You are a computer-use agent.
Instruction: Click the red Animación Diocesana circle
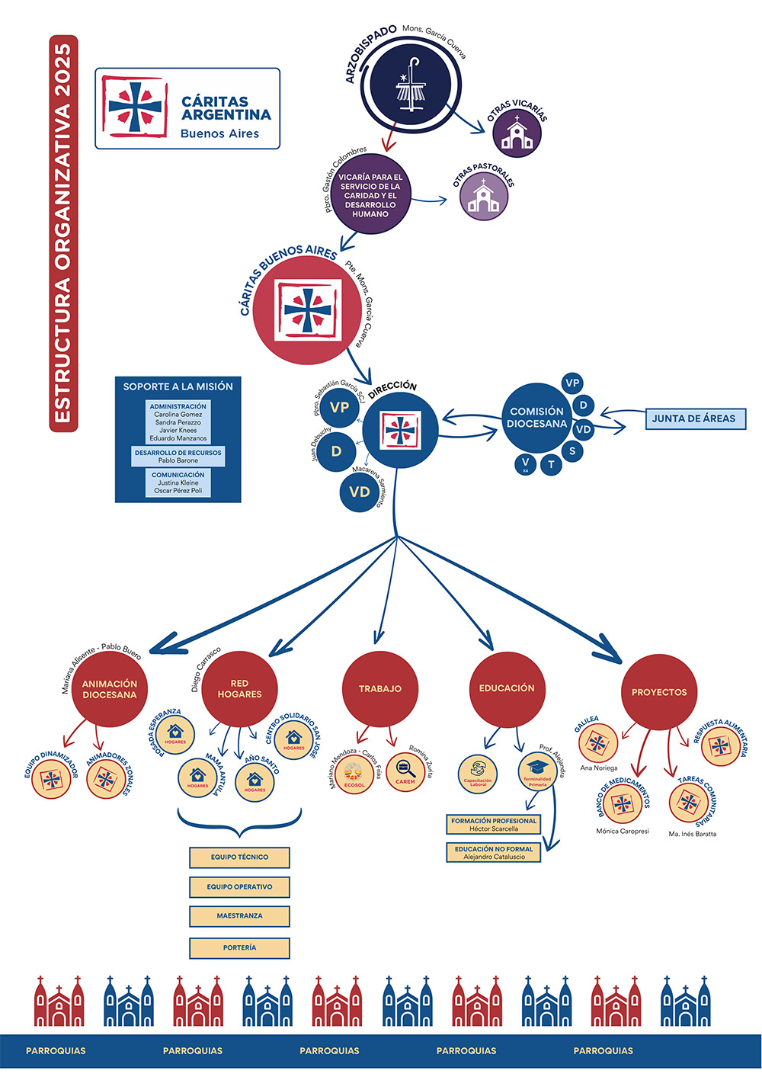coord(110,689)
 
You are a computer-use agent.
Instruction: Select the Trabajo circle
coord(380,689)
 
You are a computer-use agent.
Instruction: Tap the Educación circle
coord(507,688)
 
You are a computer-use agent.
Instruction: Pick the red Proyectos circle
coord(659,692)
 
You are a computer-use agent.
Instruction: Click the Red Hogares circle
coord(239,689)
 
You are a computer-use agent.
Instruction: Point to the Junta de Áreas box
coord(693,418)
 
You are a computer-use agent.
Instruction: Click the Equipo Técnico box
coord(239,857)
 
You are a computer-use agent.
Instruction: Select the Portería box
coord(239,948)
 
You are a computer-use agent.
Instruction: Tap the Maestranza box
coord(239,916)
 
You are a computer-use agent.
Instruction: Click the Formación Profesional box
coord(494,825)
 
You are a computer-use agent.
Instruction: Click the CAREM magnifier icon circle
coord(405,772)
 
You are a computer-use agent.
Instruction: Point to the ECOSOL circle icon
coord(354,775)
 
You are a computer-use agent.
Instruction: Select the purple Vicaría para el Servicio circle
coord(370,195)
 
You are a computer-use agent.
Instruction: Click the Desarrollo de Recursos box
coord(178,457)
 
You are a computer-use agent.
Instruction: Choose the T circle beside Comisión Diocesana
coord(551,464)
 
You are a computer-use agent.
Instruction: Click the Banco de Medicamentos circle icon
coord(622,804)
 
